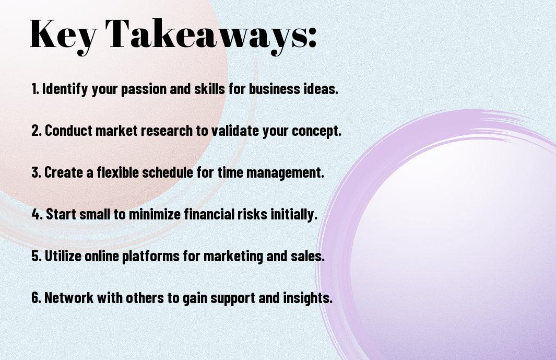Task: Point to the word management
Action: [x=285, y=173]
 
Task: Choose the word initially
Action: [x=294, y=214]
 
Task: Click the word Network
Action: [x=69, y=297]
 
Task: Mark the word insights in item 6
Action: [x=307, y=297]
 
